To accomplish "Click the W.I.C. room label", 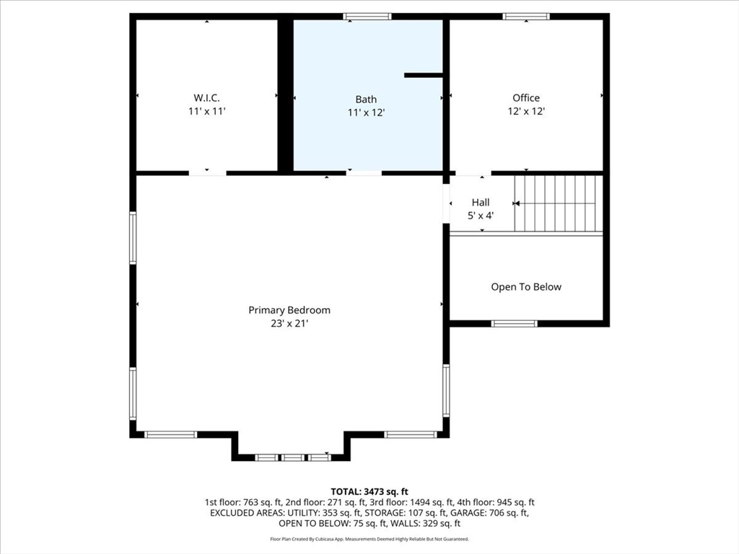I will (206, 97).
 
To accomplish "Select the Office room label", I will (526, 97).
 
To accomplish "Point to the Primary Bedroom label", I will (289, 310).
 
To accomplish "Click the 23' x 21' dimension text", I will (289, 324).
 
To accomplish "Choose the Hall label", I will (481, 203).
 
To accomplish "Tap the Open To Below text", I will (526, 287).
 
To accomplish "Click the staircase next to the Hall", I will (558, 204).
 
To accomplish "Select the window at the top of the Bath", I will (367, 17).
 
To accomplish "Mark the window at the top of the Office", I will (526, 17).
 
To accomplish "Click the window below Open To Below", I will (514, 324).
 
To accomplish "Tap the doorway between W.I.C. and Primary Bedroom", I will (207, 173).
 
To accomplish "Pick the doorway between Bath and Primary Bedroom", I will (364, 173).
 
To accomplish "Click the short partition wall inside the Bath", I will (424, 74).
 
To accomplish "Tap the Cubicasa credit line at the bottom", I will (369, 539).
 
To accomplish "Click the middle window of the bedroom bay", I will (293, 457).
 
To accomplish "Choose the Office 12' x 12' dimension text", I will (526, 112).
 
